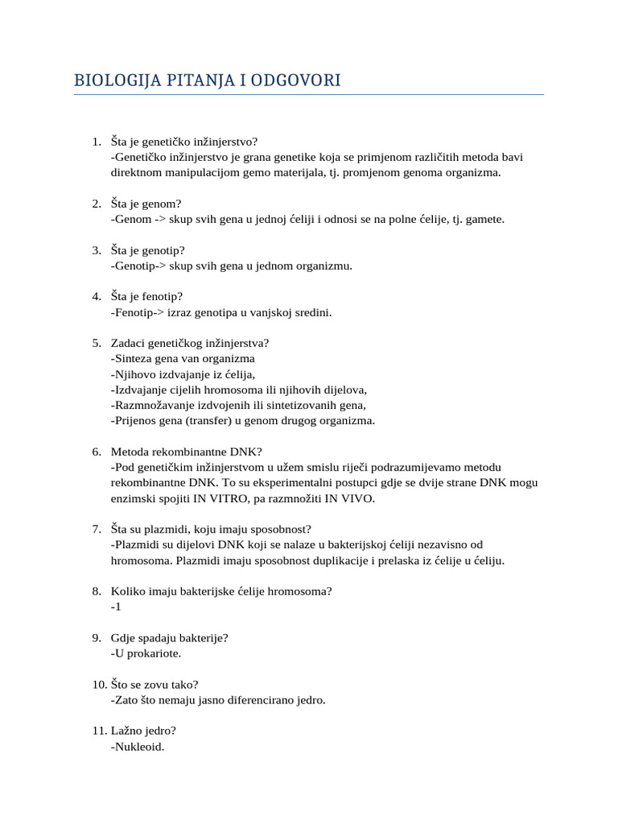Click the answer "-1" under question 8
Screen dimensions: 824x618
click(x=116, y=607)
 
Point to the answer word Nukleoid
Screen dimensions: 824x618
click(x=138, y=747)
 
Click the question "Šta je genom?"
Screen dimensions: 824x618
click(x=147, y=203)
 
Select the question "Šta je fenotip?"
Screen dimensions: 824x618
click(x=147, y=296)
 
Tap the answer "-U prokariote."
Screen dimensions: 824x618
click(x=146, y=653)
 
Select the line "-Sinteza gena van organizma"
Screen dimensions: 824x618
click(x=183, y=358)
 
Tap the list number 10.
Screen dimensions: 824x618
click(x=99, y=685)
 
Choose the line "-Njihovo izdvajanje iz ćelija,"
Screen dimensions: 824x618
click(x=183, y=373)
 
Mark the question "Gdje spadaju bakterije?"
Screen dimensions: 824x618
click(x=170, y=638)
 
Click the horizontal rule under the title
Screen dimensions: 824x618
click(x=309, y=95)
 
